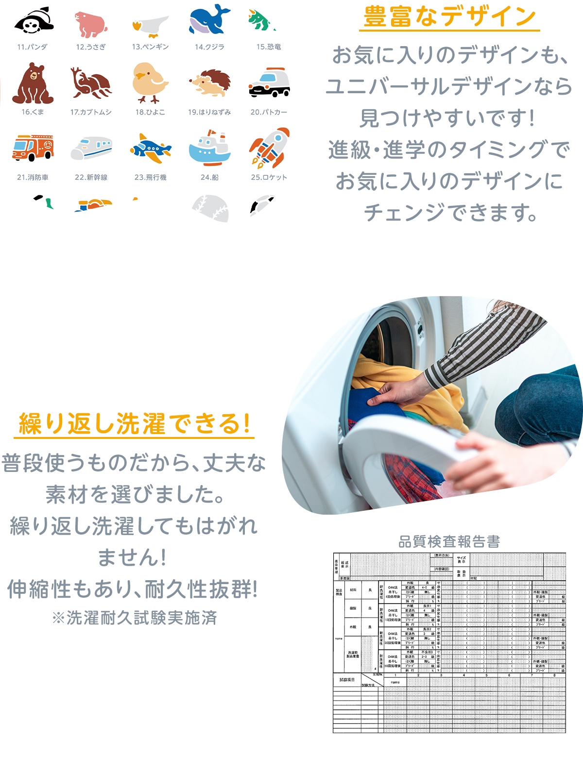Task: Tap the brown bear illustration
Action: coord(33,84)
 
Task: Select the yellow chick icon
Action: coord(150,83)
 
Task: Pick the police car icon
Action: coord(269,83)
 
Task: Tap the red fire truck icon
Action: coord(33,148)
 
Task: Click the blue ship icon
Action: coord(209,148)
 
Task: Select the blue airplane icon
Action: coord(150,149)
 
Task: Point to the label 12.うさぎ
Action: coord(91,47)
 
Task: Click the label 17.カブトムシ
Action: coord(91,112)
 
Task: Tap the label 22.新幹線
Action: coord(91,177)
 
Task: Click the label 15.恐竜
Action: coord(269,47)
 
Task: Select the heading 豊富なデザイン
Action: coord(449,17)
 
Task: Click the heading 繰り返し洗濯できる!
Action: coord(134,424)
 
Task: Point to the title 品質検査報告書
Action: coord(449,542)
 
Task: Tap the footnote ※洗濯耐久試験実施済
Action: coord(134,618)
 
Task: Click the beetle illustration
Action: coord(91,84)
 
